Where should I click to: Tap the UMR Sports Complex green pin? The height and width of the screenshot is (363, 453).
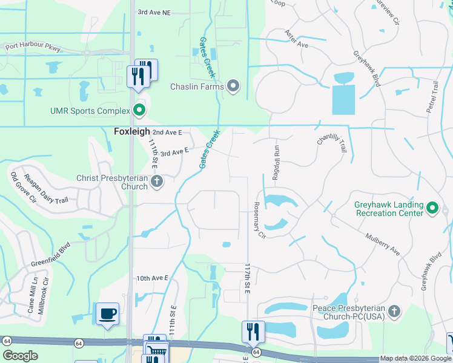coord(139,111)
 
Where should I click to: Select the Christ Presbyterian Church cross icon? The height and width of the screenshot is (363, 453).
coord(157,181)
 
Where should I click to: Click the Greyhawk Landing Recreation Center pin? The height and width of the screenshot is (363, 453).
coord(432,209)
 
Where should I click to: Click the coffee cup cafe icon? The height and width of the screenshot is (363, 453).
coord(108,314)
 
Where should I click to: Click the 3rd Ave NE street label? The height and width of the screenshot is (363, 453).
coord(154,11)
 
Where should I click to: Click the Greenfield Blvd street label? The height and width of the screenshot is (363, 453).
coord(51,256)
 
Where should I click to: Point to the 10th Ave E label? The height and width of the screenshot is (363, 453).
coord(151,278)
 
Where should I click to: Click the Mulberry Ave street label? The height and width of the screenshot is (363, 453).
coord(382,243)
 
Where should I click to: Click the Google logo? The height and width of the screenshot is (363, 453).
coord(20,356)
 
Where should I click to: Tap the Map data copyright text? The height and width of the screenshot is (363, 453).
coord(415,358)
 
